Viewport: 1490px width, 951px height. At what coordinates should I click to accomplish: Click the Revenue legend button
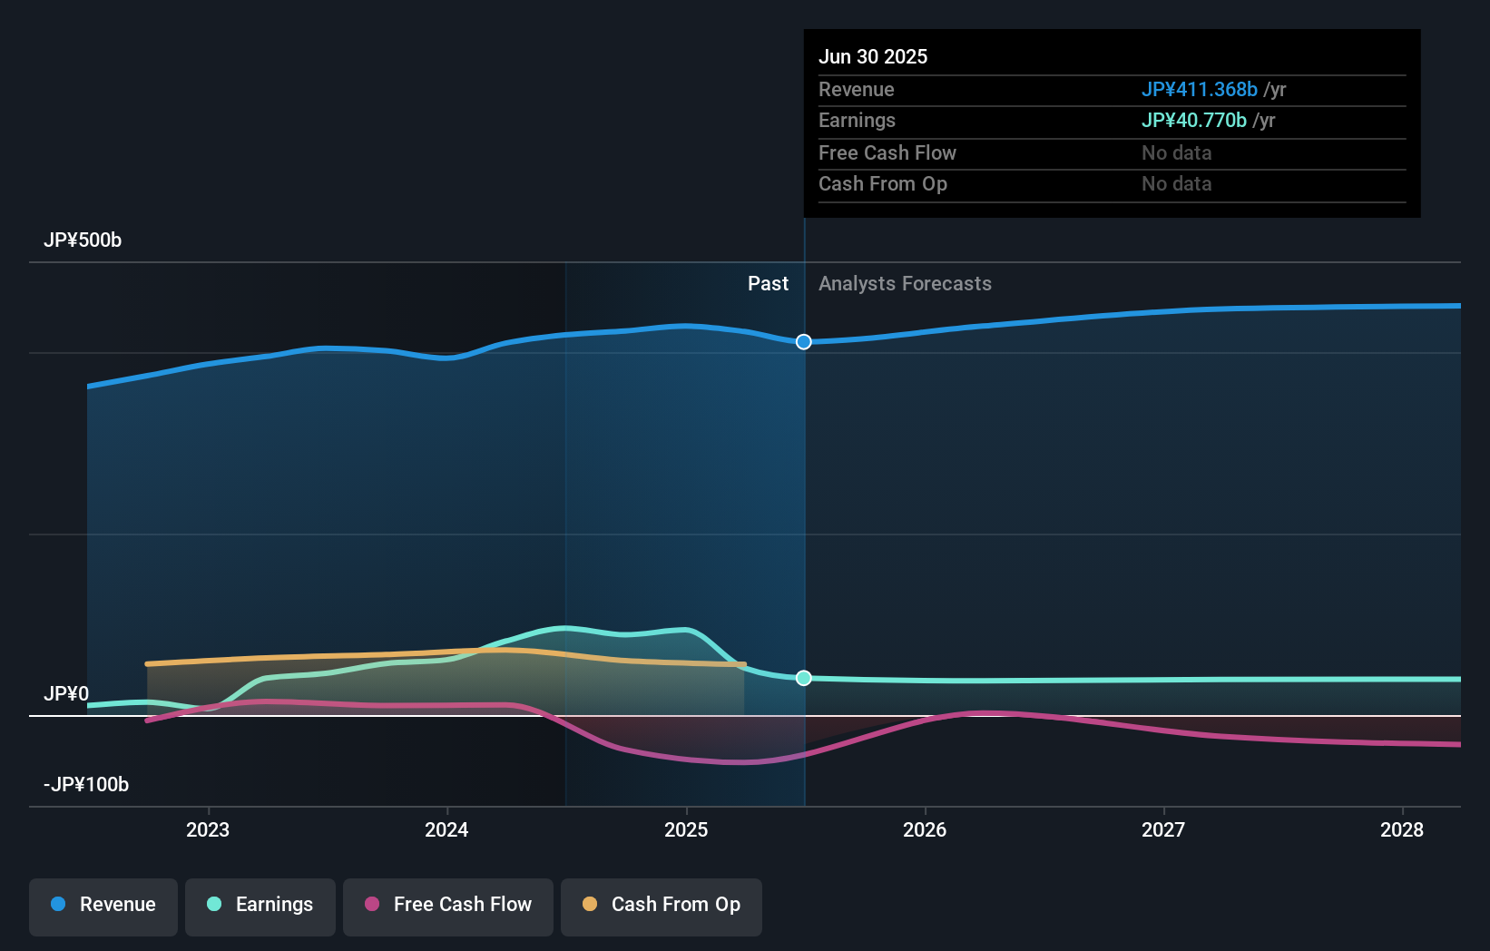click(x=103, y=905)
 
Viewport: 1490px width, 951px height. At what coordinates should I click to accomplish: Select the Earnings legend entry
click(x=260, y=905)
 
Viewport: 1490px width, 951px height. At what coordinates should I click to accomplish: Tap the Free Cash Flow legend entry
click(x=448, y=905)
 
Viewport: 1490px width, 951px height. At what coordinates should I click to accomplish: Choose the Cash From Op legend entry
click(x=662, y=905)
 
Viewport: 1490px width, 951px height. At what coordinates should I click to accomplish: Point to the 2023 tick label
click(x=208, y=829)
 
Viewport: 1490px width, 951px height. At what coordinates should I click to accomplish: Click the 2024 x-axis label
click(x=446, y=829)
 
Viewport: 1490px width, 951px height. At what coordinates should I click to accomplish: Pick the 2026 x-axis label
click(x=925, y=829)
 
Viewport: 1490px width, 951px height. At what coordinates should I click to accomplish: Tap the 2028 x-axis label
click(x=1402, y=829)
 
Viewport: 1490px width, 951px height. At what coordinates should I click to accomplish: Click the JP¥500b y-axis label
click(x=83, y=240)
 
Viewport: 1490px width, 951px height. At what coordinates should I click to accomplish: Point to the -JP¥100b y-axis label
click(x=86, y=785)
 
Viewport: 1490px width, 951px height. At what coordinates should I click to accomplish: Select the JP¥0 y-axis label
click(x=66, y=694)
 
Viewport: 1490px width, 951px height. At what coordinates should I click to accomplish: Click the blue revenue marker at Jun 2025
click(x=804, y=342)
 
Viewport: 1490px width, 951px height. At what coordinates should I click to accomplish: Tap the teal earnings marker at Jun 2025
click(x=804, y=678)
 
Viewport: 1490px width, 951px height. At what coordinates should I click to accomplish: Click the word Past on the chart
click(x=768, y=284)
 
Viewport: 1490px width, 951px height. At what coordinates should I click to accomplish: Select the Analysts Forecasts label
click(x=905, y=284)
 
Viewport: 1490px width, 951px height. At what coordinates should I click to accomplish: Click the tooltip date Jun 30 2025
click(x=873, y=57)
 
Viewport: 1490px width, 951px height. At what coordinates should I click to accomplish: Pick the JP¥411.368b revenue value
click(x=1199, y=90)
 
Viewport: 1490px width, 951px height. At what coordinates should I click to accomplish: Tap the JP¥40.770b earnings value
click(x=1193, y=121)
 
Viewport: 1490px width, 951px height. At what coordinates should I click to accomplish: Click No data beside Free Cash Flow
click(x=1176, y=153)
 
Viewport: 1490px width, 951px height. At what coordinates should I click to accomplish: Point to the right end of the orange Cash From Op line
click(x=743, y=665)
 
